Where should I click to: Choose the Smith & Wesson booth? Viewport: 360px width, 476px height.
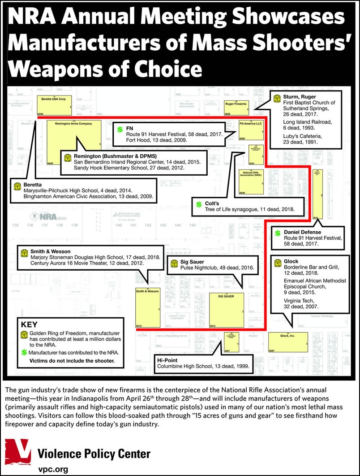147,307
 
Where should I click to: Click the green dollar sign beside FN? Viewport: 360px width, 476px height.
120,130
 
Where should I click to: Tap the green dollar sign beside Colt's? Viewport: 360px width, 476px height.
198,204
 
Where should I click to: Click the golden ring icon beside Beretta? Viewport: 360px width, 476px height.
17,186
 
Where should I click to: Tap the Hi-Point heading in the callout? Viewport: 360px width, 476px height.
168,359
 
